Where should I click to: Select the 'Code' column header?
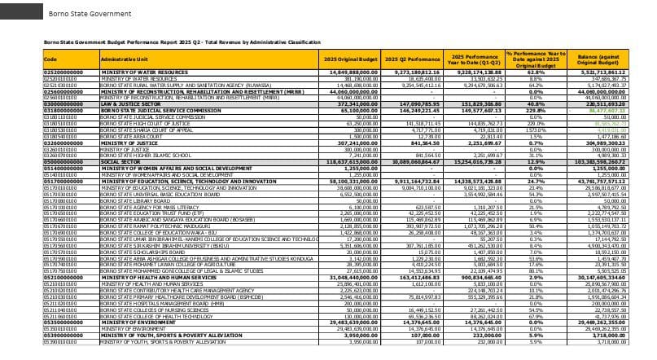coord(50,59)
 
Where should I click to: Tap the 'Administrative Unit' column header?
coord(122,59)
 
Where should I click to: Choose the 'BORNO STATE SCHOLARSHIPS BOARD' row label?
coord(138,252)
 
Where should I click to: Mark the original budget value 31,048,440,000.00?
coord(353,277)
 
